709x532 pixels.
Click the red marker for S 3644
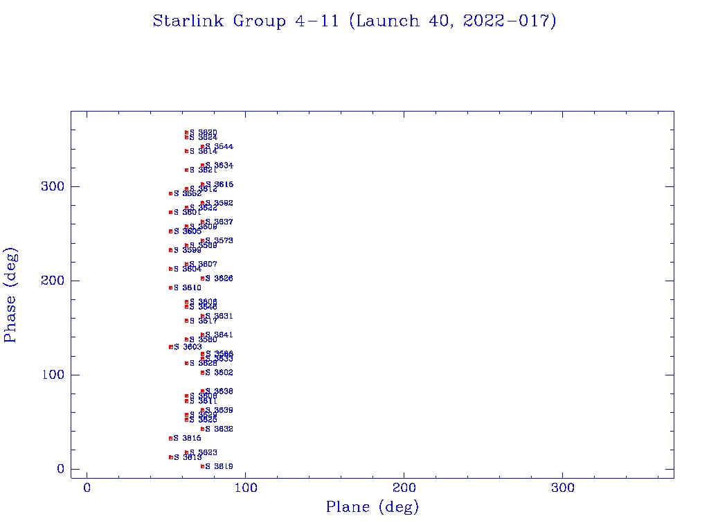[x=202, y=147]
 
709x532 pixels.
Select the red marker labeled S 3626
[x=202, y=278]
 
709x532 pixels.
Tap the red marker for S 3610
[x=170, y=287]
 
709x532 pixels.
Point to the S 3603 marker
[x=170, y=346]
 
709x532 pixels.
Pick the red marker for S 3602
[x=202, y=373]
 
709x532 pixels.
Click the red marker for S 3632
[x=202, y=429]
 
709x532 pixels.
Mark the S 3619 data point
[x=202, y=466]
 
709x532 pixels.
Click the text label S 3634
[x=219, y=166]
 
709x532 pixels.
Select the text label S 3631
[x=219, y=316]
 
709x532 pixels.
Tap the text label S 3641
[x=219, y=335]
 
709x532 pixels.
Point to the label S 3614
[x=204, y=151]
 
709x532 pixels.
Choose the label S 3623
[x=204, y=452]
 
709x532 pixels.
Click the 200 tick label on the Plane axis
[x=404, y=488]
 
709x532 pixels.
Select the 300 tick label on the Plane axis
[x=563, y=488]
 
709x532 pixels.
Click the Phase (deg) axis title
[x=11, y=295]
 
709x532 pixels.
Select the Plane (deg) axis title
[x=373, y=508]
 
